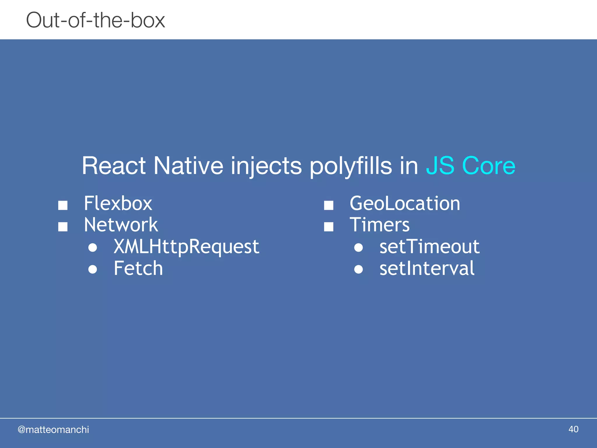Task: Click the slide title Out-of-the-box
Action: coord(96,20)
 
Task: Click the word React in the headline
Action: coord(114,166)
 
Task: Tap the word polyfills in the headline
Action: coord(350,166)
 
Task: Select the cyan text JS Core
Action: coord(470,166)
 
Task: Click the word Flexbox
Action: coord(118,203)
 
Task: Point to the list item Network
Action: coord(121,225)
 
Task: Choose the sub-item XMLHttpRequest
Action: coord(186,247)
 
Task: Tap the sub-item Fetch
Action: coord(138,268)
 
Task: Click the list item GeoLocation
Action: coord(405,203)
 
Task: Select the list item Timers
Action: coord(380,225)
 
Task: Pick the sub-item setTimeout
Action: coord(429,247)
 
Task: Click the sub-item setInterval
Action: coord(427,268)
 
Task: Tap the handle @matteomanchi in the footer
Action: coord(53,430)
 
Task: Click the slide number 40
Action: coord(573,429)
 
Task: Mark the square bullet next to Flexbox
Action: coord(63,205)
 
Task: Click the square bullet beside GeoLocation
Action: coord(329,205)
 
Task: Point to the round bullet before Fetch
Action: coord(93,269)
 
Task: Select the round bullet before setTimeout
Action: coord(359,248)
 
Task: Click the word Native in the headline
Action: coord(188,166)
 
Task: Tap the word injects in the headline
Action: coord(266,166)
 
